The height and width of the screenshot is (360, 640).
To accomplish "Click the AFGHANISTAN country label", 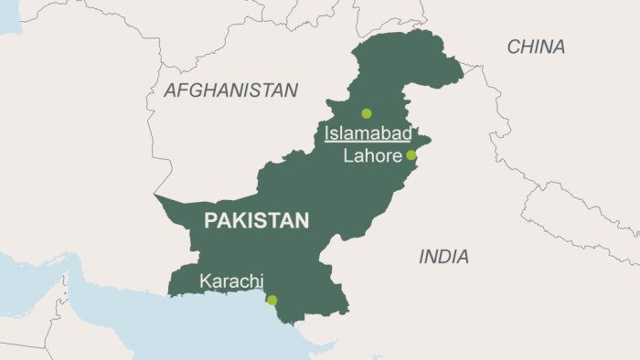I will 230,90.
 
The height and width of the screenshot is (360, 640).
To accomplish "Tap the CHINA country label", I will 536,47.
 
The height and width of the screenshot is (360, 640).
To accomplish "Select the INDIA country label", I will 443,257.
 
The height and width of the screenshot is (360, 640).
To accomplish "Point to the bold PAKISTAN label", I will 256,220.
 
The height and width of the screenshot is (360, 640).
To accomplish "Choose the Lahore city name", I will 371,156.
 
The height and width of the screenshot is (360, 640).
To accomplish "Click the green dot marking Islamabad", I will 367,113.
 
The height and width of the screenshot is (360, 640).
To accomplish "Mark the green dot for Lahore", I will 411,155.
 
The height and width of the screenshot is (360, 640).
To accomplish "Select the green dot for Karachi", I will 272,300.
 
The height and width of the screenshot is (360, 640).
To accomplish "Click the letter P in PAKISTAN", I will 209,220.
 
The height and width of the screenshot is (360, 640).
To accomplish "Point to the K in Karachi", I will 205,280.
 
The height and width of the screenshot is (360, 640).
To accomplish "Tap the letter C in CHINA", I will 514,47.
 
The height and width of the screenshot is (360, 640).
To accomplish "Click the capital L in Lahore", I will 347,156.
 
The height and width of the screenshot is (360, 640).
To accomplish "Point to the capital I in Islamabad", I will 327,134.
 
